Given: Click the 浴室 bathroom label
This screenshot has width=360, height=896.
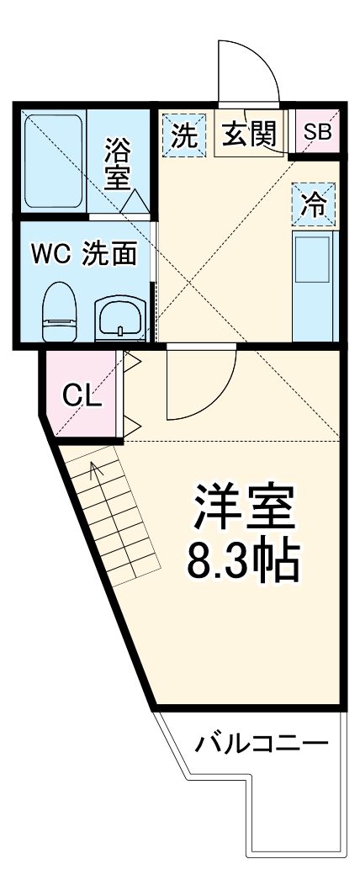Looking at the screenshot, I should (x=118, y=164).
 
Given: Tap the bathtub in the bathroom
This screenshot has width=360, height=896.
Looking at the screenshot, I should (x=53, y=160).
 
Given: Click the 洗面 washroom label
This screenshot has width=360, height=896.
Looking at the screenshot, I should (x=109, y=253).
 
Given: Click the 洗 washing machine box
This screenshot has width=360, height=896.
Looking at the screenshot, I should (x=183, y=135).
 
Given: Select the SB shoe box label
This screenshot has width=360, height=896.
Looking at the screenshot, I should (x=317, y=132).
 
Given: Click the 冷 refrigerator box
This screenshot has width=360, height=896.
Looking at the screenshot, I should (x=314, y=204).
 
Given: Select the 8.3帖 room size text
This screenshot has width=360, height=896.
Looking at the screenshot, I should (x=242, y=561).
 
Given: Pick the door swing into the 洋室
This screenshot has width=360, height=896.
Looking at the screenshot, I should (x=200, y=383).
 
